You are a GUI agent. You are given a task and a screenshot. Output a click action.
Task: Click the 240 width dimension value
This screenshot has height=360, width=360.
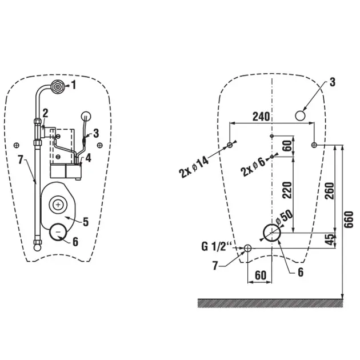tap(261, 117)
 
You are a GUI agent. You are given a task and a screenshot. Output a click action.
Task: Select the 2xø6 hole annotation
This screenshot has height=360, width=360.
tap(254, 166)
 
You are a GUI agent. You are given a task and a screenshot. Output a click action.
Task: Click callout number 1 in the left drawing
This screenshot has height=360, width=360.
tap(73, 86)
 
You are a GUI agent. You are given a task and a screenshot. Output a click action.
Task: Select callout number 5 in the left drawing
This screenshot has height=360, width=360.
tap(86, 220)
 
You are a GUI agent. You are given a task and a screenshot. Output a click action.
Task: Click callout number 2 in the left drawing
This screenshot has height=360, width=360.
tap(45, 113)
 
